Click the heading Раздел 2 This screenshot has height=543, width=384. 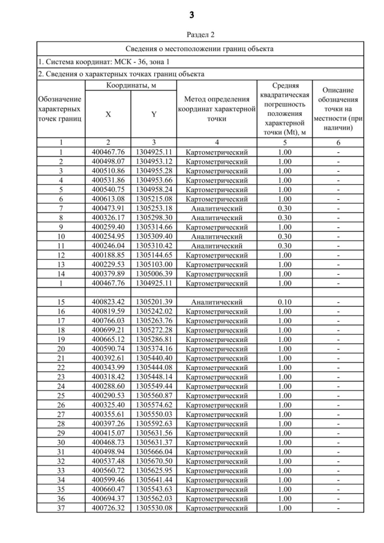[x=192, y=35]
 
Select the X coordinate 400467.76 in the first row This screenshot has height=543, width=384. [x=108, y=152]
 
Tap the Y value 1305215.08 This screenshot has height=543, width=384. [x=154, y=199]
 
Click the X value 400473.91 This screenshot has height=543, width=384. [x=108, y=208]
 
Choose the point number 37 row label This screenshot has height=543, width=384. [x=61, y=508]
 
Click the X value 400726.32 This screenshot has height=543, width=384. [x=108, y=508]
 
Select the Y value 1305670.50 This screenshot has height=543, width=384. [x=154, y=461]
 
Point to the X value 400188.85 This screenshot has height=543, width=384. [x=108, y=255]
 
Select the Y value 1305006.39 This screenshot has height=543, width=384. [x=154, y=274]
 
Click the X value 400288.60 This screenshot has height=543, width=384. [x=108, y=386]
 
